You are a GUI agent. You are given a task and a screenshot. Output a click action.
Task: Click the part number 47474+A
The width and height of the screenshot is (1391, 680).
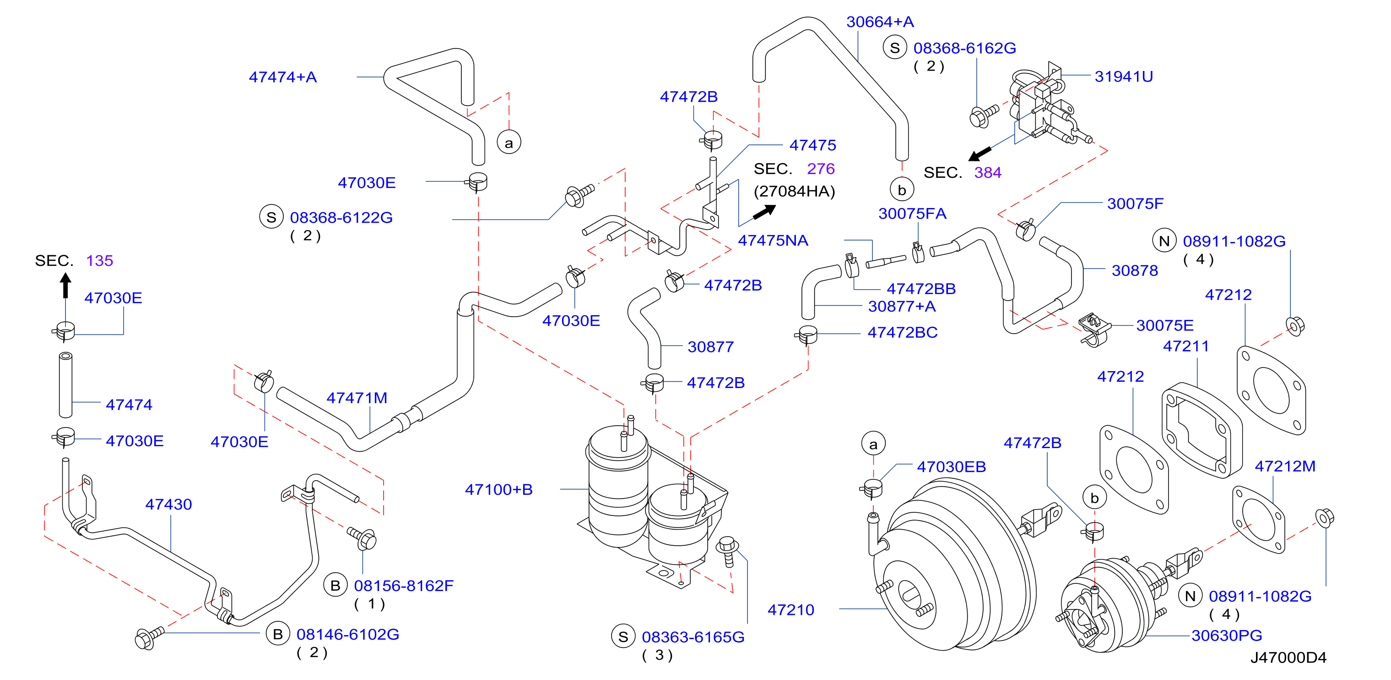282,77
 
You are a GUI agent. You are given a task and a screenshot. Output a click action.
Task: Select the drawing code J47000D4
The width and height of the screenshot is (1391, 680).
1288,657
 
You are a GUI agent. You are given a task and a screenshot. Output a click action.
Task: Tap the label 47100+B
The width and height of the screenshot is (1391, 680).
498,489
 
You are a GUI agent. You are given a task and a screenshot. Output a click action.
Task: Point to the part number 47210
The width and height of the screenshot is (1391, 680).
790,610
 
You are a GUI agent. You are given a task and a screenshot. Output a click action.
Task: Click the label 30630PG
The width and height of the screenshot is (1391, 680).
1226,635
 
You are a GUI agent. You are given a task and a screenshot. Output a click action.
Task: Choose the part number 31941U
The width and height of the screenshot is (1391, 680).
1124,76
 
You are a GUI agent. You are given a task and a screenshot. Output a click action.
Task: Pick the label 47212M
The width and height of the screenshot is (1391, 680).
1285,466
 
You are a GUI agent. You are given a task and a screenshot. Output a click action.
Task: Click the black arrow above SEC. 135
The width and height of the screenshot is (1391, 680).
66,285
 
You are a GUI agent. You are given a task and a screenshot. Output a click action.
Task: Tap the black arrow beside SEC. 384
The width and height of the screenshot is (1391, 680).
980,154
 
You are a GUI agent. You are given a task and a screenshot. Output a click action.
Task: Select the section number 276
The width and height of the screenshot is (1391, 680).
821,169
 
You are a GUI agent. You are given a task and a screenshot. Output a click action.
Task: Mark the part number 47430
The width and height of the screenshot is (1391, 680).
168,505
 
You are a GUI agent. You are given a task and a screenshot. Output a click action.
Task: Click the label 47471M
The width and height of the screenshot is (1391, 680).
357,398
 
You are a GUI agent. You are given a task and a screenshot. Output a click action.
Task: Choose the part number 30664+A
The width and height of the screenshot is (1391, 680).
880,22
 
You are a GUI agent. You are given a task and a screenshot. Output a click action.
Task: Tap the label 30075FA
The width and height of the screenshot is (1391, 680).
912,214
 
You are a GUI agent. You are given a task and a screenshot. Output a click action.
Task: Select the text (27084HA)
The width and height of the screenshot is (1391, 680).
794,192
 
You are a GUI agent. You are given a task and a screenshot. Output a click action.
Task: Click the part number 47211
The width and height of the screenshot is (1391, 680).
1186,346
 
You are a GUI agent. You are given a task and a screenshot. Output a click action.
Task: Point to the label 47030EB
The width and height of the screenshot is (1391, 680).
952,466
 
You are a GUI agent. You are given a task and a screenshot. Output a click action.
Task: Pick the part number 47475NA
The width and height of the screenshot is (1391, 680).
773,241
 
